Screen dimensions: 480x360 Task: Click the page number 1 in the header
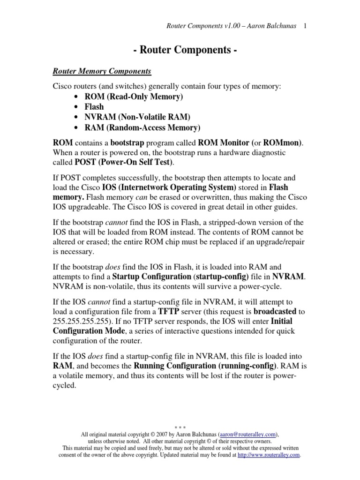pos(305,26)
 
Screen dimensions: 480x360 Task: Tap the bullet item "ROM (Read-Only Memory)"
pos(134,97)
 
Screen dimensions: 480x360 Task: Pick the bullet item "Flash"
pos(94,107)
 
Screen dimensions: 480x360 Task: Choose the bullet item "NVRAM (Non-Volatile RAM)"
pos(138,117)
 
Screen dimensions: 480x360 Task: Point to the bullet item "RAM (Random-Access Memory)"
pos(142,127)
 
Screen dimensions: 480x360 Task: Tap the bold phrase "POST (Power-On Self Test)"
pos(123,163)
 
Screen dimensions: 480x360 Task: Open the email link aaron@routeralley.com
pos(247,435)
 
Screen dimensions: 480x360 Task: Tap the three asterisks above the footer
pos(180,427)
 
